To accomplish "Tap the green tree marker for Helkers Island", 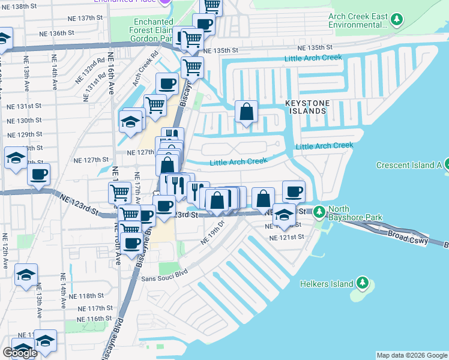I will click(362, 283).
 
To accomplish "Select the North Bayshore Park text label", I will click(354, 215).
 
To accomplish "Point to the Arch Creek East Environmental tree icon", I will click(396, 20).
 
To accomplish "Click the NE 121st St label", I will click(287, 238).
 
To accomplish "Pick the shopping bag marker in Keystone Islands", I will click(246, 112).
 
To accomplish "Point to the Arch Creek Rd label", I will click(145, 65).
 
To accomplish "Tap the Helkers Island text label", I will click(327, 283).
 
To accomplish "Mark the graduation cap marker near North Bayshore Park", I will click(284, 215).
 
